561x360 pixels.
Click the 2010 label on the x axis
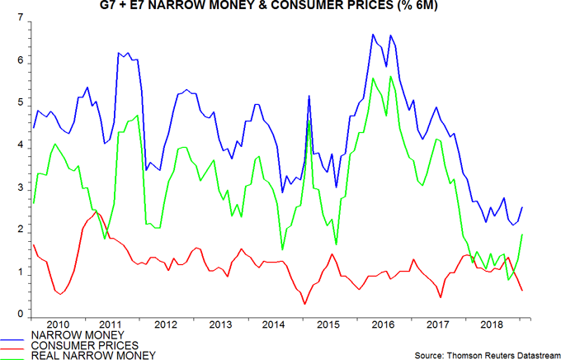tap(58, 324)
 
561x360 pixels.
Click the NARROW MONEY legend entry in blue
tap(71, 334)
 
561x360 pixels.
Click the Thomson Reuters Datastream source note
tap(484, 353)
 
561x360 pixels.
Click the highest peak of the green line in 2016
tap(390, 77)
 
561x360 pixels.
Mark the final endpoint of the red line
tap(521, 290)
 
